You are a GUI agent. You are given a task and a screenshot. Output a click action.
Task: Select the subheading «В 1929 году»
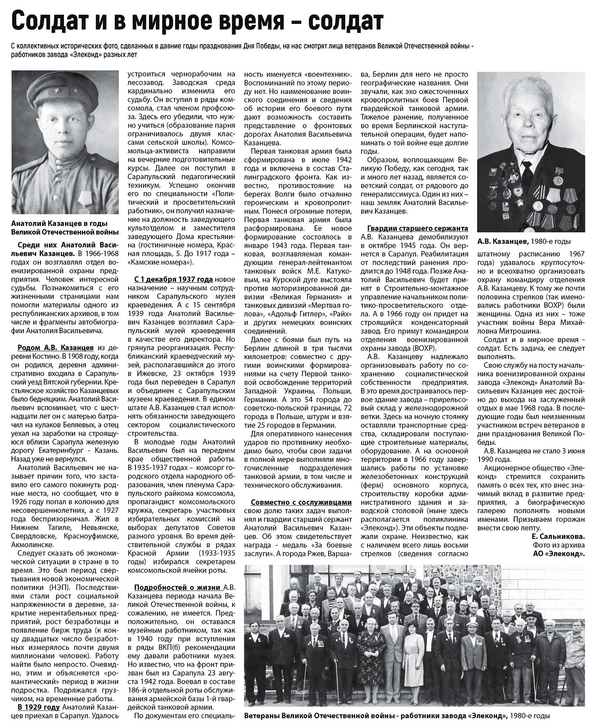[x=39, y=707]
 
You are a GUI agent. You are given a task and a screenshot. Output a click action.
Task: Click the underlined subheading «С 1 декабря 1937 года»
[x=174, y=279]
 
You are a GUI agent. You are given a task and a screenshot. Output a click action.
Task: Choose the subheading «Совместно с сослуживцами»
[x=301, y=502]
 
